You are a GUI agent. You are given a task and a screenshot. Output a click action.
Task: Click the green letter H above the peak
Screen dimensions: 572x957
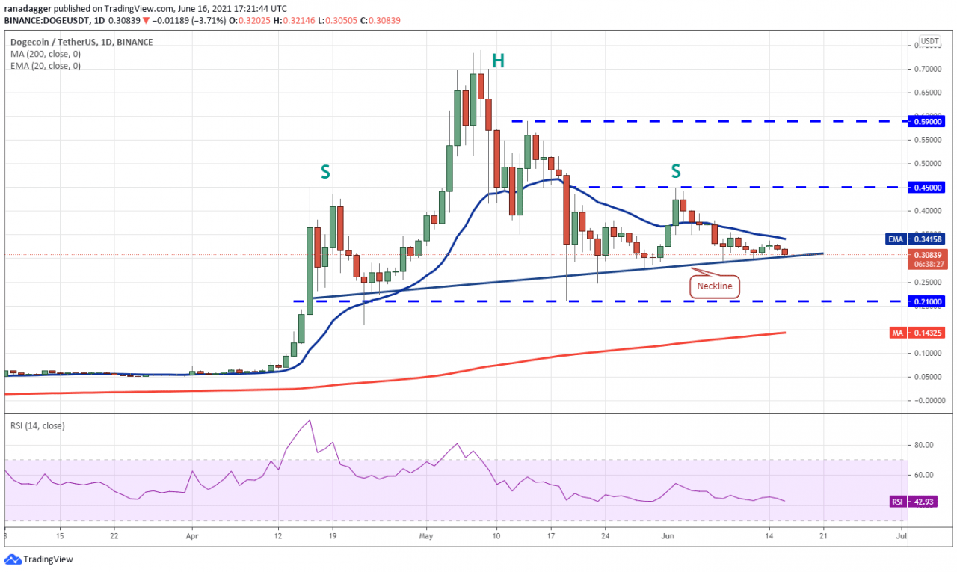[x=498, y=61]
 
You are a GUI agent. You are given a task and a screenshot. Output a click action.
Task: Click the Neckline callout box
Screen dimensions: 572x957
[x=714, y=285]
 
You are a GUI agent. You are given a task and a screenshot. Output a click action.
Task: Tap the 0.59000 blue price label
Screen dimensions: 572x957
[x=928, y=120]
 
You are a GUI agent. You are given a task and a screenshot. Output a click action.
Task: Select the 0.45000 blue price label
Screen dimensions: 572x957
[x=928, y=187]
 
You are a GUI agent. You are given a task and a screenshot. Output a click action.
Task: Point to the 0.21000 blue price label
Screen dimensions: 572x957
[x=928, y=301]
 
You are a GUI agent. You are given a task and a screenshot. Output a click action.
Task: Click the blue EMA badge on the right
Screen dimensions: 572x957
[x=896, y=239]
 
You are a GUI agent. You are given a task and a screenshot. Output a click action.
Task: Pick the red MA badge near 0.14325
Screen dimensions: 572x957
[x=896, y=332]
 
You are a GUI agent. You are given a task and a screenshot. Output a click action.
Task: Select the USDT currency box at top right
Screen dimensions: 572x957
[x=929, y=41]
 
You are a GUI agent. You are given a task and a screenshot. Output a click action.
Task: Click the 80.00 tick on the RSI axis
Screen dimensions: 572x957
[x=924, y=445]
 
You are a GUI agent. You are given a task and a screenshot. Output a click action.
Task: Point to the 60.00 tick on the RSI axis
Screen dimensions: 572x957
[x=924, y=475]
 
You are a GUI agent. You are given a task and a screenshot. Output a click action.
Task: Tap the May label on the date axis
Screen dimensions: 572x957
[x=426, y=535]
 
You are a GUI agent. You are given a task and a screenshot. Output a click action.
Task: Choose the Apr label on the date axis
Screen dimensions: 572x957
[x=192, y=535]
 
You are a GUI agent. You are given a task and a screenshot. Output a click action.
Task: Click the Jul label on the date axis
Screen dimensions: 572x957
[x=901, y=535]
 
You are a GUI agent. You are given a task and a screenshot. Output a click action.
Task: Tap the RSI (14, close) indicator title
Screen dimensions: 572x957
[x=37, y=425]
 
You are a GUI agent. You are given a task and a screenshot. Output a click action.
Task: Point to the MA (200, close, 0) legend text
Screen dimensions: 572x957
[x=46, y=54]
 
